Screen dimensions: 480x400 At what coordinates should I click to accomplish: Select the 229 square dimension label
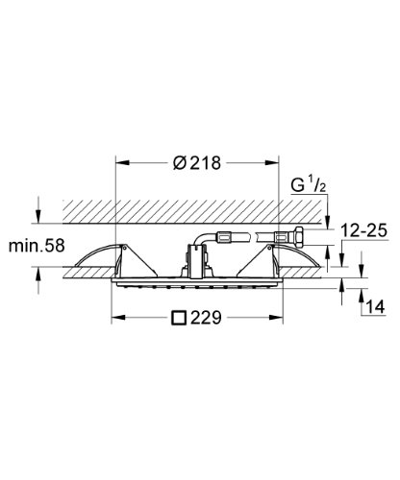pos(201,317)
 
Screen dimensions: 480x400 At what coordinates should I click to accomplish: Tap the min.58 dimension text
pos(36,247)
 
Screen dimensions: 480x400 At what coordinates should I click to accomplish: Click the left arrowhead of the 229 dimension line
pos(115,317)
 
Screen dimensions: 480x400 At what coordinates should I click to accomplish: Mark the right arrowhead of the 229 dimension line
pos(288,317)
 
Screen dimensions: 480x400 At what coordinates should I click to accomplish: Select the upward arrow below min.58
pos(37,276)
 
